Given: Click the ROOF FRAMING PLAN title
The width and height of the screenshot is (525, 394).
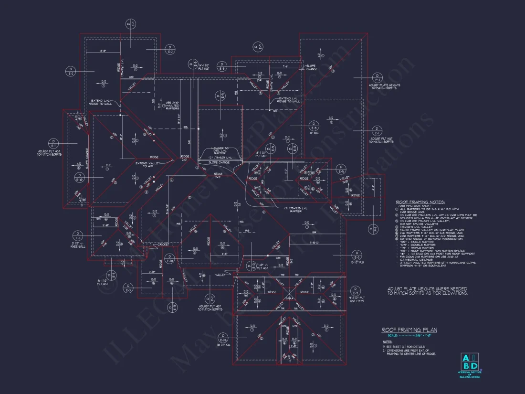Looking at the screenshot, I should pos(409,330).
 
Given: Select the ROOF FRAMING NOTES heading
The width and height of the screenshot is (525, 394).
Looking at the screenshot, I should pos(420,202).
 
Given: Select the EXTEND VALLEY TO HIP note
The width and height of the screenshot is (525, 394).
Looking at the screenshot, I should pos(147,165).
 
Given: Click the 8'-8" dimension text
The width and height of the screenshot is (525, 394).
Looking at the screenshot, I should pos(103,50).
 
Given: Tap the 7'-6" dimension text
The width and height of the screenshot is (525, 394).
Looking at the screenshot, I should pos(284,67).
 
